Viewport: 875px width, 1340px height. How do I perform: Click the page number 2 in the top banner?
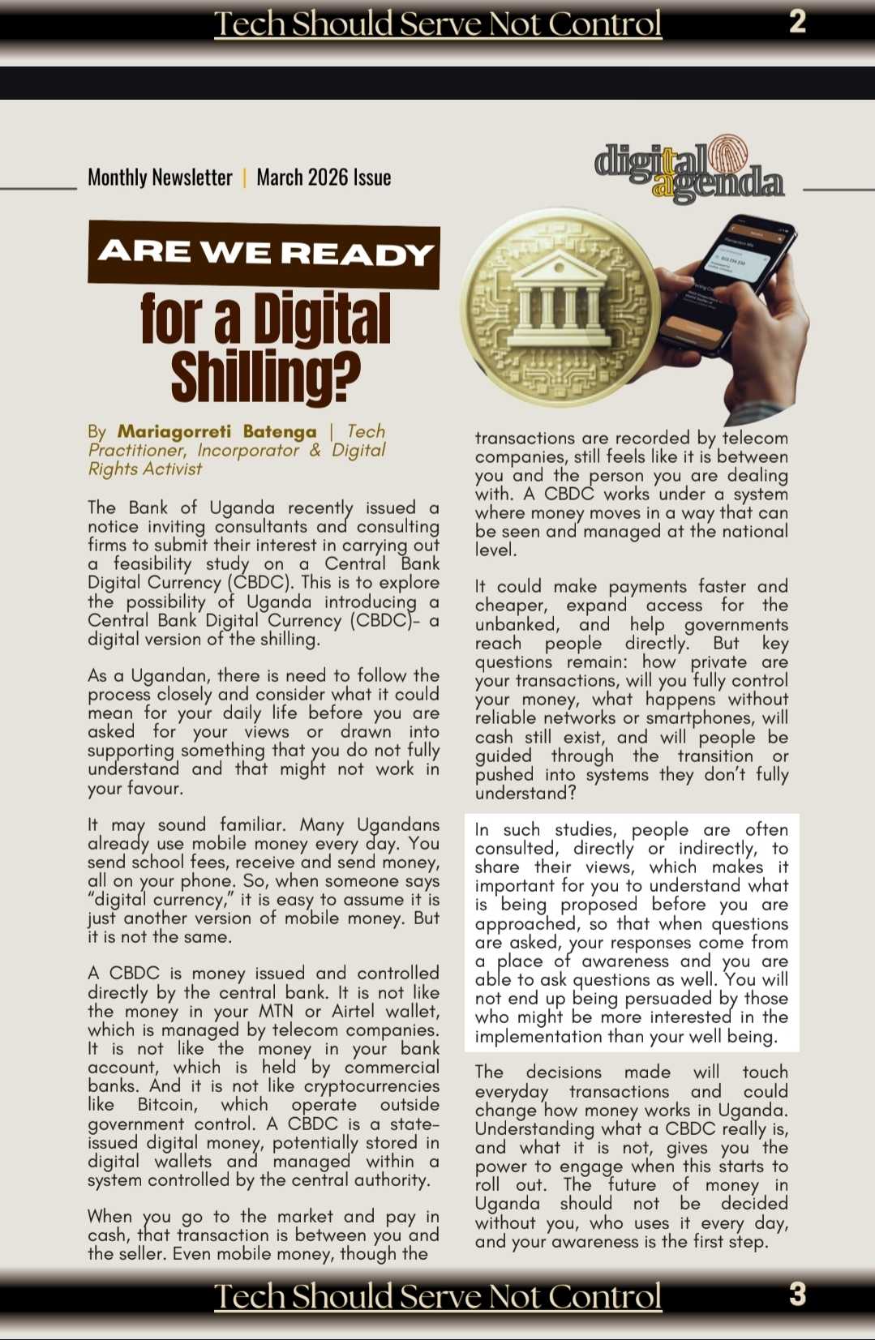pyautogui.click(x=797, y=22)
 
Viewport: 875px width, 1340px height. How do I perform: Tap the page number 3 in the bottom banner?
pyautogui.click(x=797, y=1295)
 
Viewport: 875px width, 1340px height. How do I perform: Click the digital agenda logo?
pyautogui.click(x=689, y=171)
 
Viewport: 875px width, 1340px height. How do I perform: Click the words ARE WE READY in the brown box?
pyautogui.click(x=265, y=254)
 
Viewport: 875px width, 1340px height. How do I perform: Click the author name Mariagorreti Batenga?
pyautogui.click(x=217, y=431)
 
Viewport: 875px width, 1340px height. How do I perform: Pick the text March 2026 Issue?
pyautogui.click(x=324, y=178)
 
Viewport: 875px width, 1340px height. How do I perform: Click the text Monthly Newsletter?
pyautogui.click(x=160, y=178)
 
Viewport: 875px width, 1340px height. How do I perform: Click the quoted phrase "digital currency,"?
pyautogui.click(x=159, y=900)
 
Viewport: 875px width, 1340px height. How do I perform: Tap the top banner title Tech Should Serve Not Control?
pyautogui.click(x=438, y=24)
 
